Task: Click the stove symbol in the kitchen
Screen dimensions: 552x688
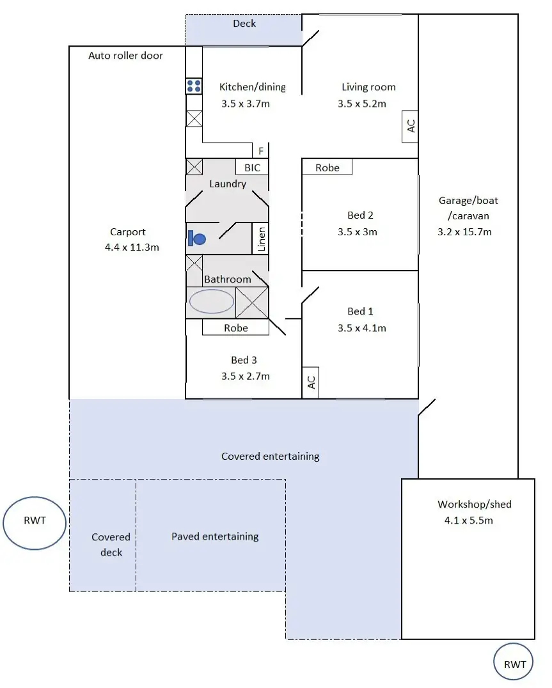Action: tap(194, 86)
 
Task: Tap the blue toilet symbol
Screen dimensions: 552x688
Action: tap(196, 239)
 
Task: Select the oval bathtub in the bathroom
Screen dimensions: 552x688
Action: tap(211, 301)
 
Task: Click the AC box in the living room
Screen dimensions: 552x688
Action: tap(410, 126)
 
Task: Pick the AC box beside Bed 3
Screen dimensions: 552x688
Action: tap(311, 382)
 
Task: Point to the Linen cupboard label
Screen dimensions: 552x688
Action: tap(260, 239)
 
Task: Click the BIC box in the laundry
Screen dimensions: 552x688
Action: tap(253, 168)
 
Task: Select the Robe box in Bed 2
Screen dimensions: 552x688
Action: tap(327, 168)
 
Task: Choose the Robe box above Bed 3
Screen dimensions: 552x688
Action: tap(235, 327)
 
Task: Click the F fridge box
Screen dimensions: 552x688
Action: tap(260, 152)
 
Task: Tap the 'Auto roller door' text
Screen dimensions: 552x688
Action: tap(125, 56)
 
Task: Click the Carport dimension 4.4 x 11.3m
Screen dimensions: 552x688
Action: tap(132, 247)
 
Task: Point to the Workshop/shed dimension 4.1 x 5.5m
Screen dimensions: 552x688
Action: tap(468, 520)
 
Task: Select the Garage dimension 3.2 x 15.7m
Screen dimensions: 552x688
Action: tap(464, 232)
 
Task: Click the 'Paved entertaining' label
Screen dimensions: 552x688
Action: tap(215, 536)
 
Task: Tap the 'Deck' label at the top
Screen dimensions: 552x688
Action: tap(244, 24)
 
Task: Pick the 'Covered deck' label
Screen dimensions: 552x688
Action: tap(111, 544)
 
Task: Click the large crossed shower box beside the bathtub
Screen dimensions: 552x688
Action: tap(252, 302)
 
